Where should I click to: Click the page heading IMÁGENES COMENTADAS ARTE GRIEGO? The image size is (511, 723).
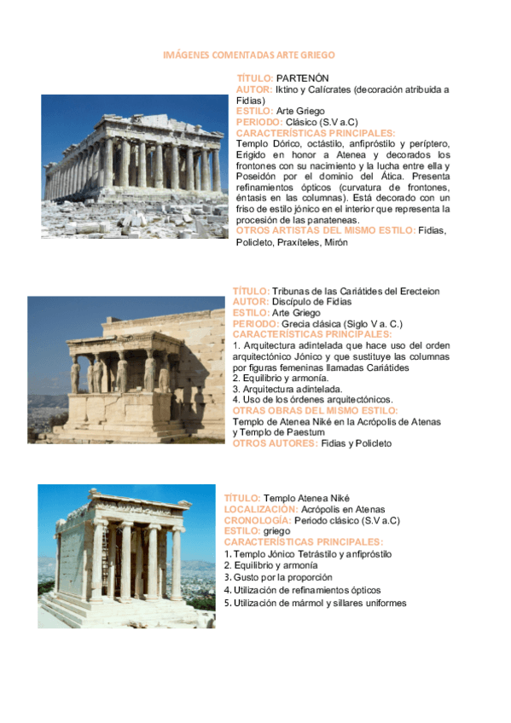pyautogui.click(x=248, y=55)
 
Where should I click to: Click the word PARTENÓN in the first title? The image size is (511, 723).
pyautogui.click(x=303, y=78)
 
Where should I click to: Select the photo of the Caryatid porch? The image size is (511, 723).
pyautogui.click(x=126, y=369)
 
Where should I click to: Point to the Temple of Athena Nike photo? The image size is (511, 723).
pyautogui.click(x=126, y=556)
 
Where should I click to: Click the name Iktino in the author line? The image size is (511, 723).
pyautogui.click(x=290, y=89)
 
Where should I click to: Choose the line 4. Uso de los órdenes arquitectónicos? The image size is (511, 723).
pyautogui.click(x=312, y=399)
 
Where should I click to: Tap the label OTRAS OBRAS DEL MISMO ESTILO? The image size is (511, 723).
pyautogui.click(x=315, y=410)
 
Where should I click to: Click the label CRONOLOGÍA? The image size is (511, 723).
pyautogui.click(x=257, y=520)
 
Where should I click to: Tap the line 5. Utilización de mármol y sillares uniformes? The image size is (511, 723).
pyautogui.click(x=315, y=603)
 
